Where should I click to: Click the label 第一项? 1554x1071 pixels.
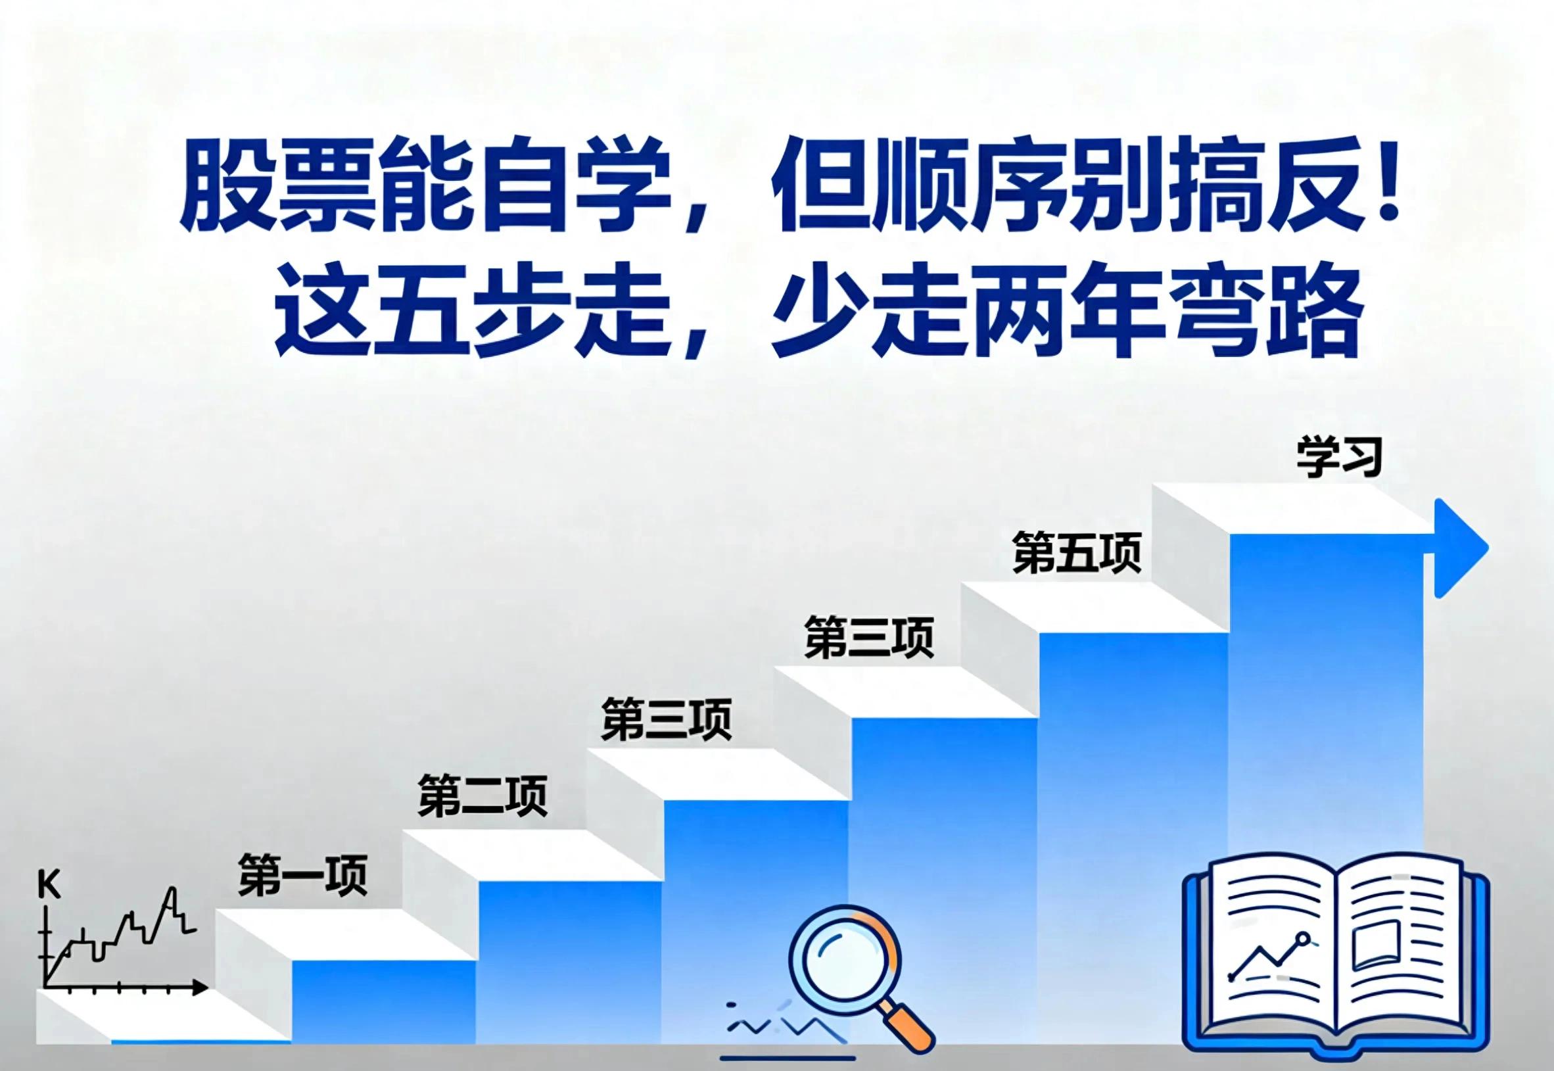pyautogui.click(x=302, y=874)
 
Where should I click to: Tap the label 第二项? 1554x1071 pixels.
pyautogui.click(x=483, y=796)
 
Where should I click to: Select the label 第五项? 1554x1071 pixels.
pyautogui.click(x=1077, y=552)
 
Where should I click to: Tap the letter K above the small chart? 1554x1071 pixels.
pyautogui.click(x=49, y=886)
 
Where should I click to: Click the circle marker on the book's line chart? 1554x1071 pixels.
pyautogui.click(x=1303, y=957)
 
